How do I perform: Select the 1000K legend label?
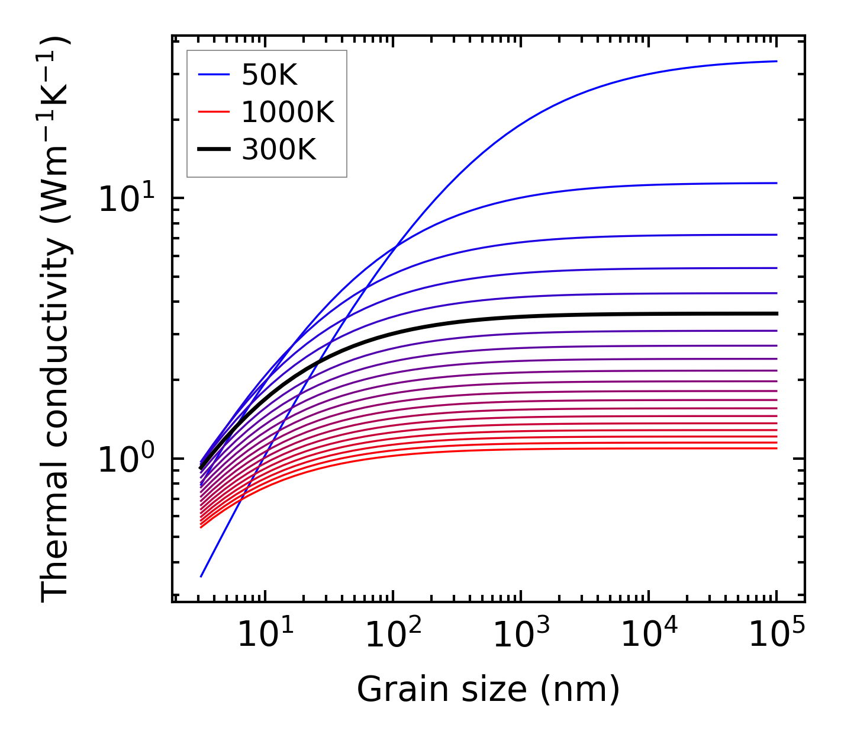click(288, 112)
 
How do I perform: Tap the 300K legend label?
click(279, 150)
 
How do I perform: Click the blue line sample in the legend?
click(213, 75)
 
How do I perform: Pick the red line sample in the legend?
click(213, 112)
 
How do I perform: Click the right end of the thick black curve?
click(776, 313)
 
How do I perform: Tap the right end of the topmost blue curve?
click(776, 61)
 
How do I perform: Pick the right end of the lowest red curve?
click(776, 448)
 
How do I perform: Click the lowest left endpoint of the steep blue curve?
click(201, 576)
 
